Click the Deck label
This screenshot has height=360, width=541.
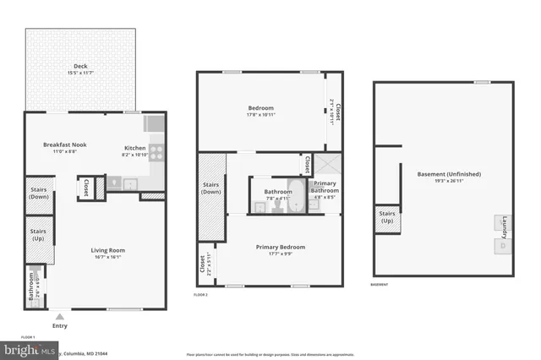[x=80, y=65]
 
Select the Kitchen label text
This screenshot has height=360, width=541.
[x=136, y=149]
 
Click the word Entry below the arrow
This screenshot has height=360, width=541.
[x=59, y=326]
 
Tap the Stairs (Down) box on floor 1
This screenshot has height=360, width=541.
[x=38, y=194]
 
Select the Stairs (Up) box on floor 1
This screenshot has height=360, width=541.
[x=38, y=234]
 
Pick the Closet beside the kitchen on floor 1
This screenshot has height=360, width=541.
[x=85, y=188]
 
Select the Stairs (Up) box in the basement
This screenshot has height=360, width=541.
[x=387, y=218]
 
